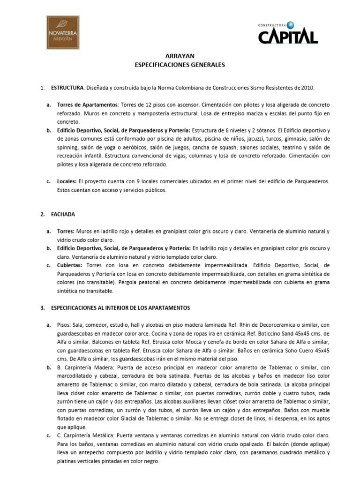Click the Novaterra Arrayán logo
pos(66,32)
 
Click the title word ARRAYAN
pos(180,56)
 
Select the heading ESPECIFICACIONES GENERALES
pos(180,65)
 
